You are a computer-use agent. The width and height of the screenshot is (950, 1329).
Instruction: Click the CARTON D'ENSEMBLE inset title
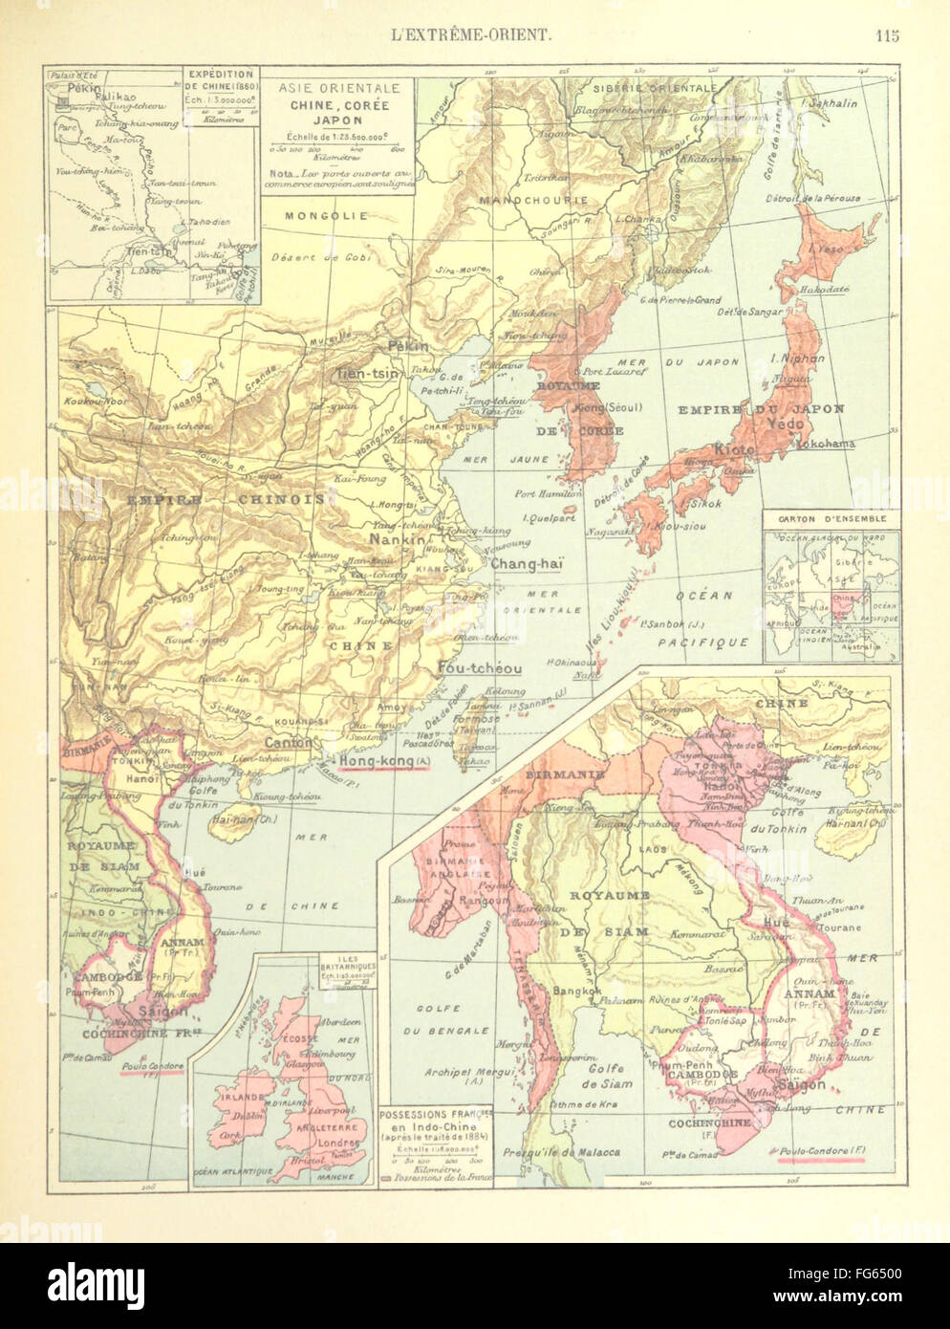click(831, 519)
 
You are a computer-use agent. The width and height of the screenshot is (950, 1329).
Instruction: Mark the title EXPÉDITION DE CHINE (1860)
click(221, 87)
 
